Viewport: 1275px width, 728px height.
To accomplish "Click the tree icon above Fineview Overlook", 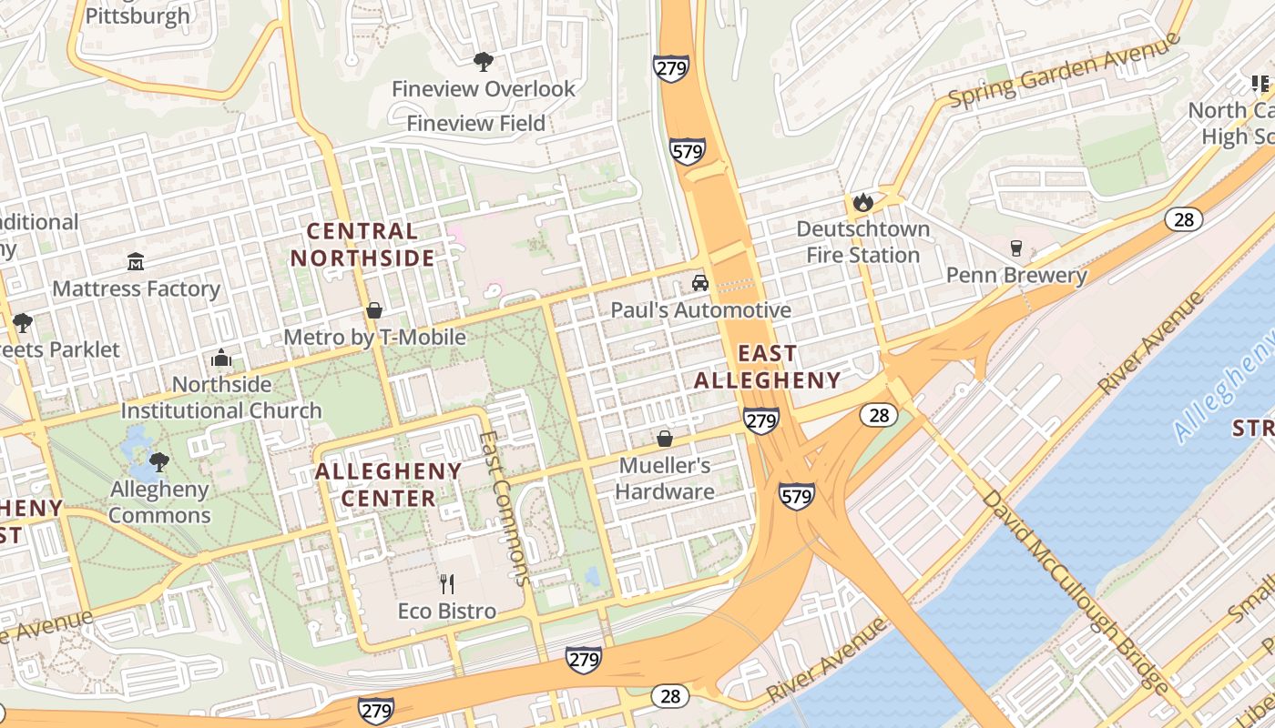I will (483, 62).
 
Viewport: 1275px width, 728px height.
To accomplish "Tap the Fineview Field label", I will (475, 123).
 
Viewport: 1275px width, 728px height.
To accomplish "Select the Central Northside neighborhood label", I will (362, 245).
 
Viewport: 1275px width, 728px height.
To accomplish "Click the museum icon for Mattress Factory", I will (136, 262).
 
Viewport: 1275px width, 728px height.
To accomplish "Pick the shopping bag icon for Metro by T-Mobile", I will (374, 310).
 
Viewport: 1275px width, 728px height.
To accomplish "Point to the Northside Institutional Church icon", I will (221, 359).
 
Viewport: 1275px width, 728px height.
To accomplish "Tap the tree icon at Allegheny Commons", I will (159, 461).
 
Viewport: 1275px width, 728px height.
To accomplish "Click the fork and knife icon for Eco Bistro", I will (446, 583).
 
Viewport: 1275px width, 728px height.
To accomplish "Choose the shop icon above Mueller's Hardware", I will (665, 439).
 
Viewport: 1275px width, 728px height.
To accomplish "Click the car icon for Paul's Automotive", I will (700, 283).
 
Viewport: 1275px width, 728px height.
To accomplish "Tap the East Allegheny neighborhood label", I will (767, 367).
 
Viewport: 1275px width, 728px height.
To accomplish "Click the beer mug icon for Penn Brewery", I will (1016, 248).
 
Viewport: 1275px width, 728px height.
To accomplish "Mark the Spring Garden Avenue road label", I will (1064, 71).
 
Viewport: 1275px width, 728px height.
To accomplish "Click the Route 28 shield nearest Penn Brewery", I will (1184, 218).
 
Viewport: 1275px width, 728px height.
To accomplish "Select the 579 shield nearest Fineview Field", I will (687, 150).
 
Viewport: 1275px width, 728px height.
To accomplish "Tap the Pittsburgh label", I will (138, 15).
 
